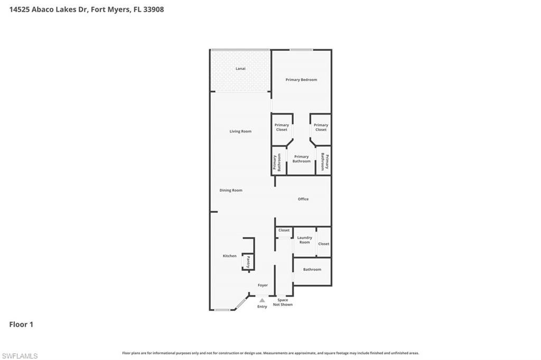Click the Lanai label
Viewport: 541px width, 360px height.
pos(240,69)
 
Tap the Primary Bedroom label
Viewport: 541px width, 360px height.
pos(301,80)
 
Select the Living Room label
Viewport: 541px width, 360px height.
pos(240,131)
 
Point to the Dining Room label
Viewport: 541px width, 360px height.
pos(231,190)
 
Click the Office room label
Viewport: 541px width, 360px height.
pos(303,199)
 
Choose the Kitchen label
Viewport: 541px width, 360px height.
pos(230,256)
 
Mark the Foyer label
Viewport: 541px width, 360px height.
pos(263,285)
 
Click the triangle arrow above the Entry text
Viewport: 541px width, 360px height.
pos(262,300)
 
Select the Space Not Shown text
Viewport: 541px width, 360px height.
pos(283,302)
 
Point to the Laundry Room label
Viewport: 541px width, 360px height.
pos(304,240)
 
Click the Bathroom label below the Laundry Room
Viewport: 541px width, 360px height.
pos(312,270)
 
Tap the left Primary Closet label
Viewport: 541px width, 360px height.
pos(282,127)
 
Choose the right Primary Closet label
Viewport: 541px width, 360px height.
pos(321,127)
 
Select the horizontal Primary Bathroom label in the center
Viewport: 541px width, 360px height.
pos(301,159)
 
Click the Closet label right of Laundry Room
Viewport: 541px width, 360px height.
pos(323,244)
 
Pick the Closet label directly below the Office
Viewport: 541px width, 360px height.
pos(284,230)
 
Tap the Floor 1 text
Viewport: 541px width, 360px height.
pos(21,325)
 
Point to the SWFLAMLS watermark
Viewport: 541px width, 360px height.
pos(20,356)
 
